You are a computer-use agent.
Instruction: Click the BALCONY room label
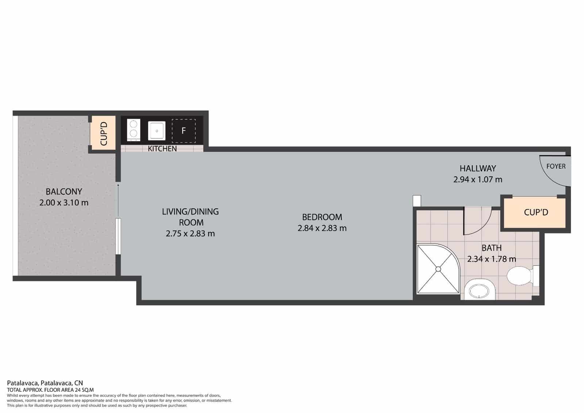pos(64,192)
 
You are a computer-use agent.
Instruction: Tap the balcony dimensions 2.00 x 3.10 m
pos(64,202)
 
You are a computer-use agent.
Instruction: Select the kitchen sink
pos(157,131)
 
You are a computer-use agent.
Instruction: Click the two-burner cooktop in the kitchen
pos(134,130)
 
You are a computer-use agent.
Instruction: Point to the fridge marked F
pos(184,131)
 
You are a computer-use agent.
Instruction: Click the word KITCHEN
pos(162,148)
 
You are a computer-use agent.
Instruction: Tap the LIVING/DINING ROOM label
pos(191,217)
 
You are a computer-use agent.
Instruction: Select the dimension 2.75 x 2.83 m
pos(190,234)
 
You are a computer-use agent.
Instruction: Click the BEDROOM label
pos(322,217)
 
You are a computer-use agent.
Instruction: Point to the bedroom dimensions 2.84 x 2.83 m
pos(322,228)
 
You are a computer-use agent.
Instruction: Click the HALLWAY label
pos(478,168)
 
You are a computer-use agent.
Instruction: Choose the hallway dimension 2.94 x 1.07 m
pos(478,179)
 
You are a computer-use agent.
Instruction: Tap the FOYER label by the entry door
pos(556,166)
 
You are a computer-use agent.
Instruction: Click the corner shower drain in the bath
pos(438,269)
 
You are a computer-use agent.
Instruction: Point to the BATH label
pos(491,248)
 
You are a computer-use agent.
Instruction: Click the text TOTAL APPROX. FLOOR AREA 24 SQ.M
pos(50,390)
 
